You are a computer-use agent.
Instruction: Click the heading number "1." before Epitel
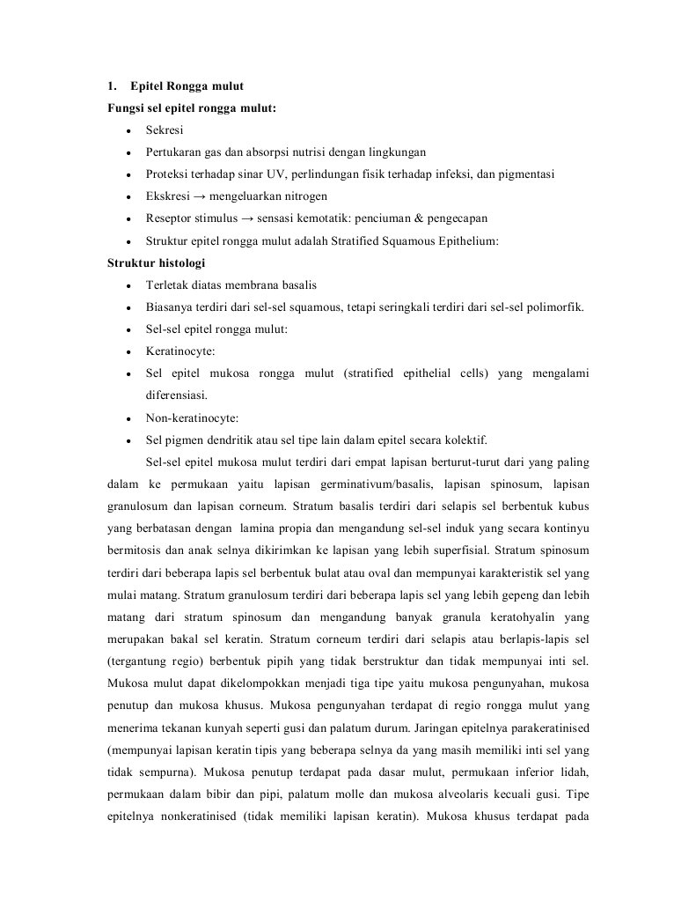[112, 86]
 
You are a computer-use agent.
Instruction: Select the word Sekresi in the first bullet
[165, 129]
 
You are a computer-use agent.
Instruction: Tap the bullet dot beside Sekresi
[128, 130]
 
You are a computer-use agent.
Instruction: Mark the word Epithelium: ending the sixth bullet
[465, 240]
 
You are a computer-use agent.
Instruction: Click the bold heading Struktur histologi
[157, 262]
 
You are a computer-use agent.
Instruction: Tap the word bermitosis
[132, 550]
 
